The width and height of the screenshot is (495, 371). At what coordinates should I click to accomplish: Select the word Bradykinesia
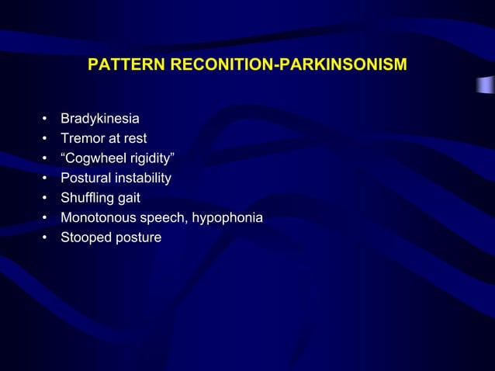(x=100, y=120)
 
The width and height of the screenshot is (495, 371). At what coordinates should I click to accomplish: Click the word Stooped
(x=85, y=238)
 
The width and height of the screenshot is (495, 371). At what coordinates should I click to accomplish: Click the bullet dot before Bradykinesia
(x=46, y=120)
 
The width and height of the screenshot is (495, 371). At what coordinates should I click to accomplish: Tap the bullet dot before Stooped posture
(x=46, y=238)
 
